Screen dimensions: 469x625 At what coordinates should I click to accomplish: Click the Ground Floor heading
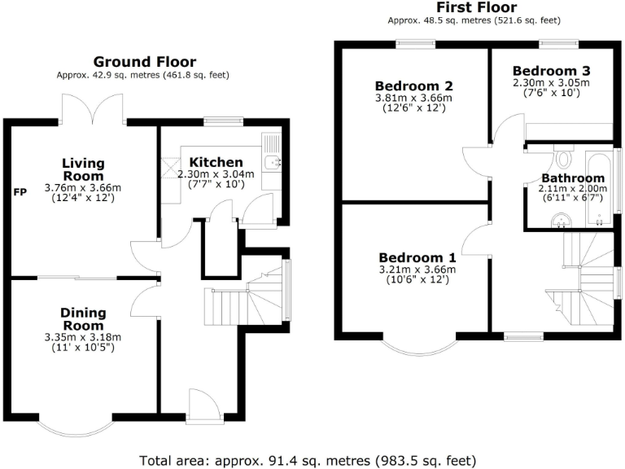(x=144, y=62)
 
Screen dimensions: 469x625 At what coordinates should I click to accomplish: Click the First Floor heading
(x=475, y=7)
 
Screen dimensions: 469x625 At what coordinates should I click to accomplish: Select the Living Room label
(x=83, y=169)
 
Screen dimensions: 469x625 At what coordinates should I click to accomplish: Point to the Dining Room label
(x=83, y=318)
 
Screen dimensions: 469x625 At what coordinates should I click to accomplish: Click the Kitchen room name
(x=216, y=162)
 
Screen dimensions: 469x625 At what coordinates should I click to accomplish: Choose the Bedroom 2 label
(x=415, y=85)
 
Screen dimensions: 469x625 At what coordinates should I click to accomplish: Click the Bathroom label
(x=573, y=178)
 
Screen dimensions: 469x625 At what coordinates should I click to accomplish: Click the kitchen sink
(x=272, y=161)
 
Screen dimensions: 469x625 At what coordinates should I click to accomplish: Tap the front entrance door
(x=201, y=407)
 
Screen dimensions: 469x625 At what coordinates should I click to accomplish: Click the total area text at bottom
(x=312, y=458)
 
